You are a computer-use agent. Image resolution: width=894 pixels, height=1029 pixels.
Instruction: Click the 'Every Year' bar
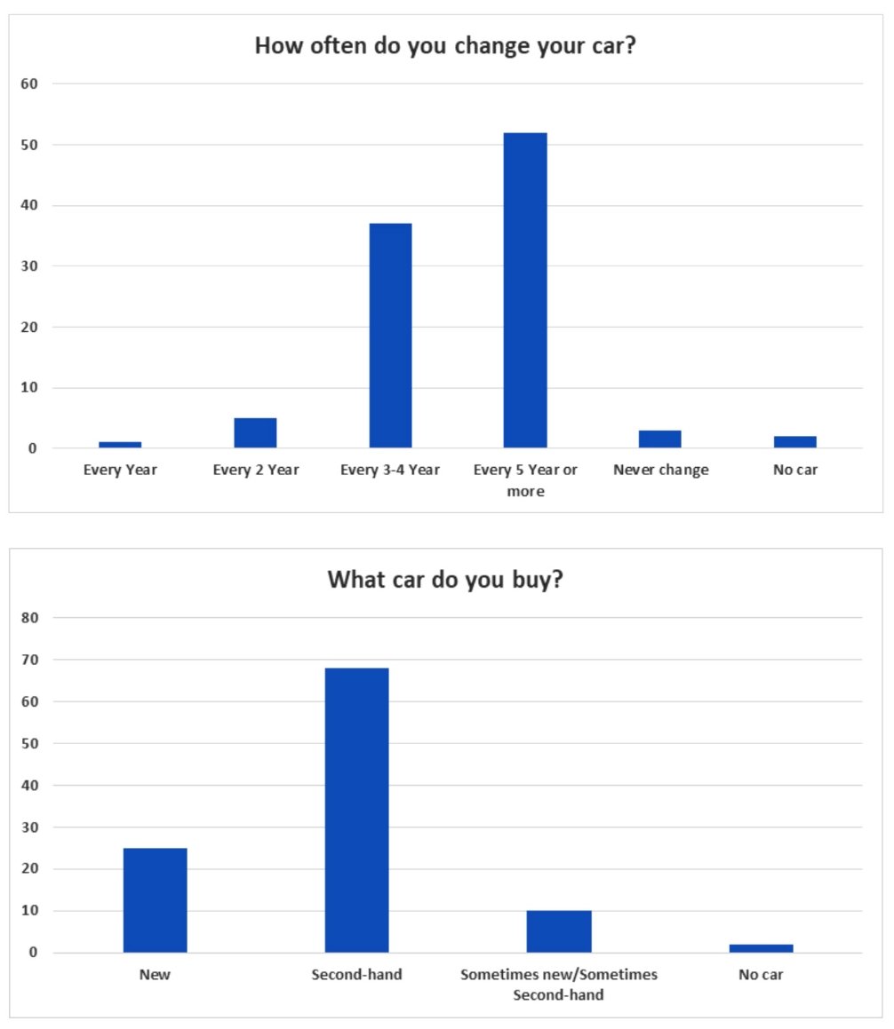[x=120, y=444]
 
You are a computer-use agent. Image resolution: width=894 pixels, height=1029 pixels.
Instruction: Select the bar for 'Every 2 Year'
[x=255, y=432]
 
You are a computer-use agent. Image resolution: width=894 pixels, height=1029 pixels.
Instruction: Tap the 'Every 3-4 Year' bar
[x=390, y=336]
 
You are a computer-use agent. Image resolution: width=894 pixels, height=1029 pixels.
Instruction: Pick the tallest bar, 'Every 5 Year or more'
[x=525, y=290]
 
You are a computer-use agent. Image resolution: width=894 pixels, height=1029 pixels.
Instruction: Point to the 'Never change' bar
[x=660, y=439]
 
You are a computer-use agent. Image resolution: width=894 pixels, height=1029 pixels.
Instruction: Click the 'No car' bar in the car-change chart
[x=795, y=441]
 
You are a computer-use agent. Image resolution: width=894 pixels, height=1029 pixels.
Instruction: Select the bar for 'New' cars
[x=155, y=900]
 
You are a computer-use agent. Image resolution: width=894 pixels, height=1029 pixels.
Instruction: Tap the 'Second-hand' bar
[x=356, y=810]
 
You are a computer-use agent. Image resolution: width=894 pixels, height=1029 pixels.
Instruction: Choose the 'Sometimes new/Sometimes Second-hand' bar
[x=559, y=931]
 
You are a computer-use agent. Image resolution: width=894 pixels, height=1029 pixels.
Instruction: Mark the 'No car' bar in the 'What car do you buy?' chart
[x=761, y=948]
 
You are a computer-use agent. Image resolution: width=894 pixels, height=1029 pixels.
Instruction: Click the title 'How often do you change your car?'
[x=445, y=45]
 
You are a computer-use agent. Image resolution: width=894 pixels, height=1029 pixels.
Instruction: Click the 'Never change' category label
[x=660, y=470]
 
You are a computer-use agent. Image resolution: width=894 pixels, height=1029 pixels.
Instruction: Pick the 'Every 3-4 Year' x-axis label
[x=389, y=470]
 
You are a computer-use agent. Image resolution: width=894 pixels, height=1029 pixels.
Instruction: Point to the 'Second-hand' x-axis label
[x=356, y=975]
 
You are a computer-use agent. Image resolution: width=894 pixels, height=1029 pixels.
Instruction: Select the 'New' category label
[x=155, y=975]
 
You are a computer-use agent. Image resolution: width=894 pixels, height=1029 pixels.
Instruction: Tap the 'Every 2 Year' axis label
[x=255, y=470]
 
